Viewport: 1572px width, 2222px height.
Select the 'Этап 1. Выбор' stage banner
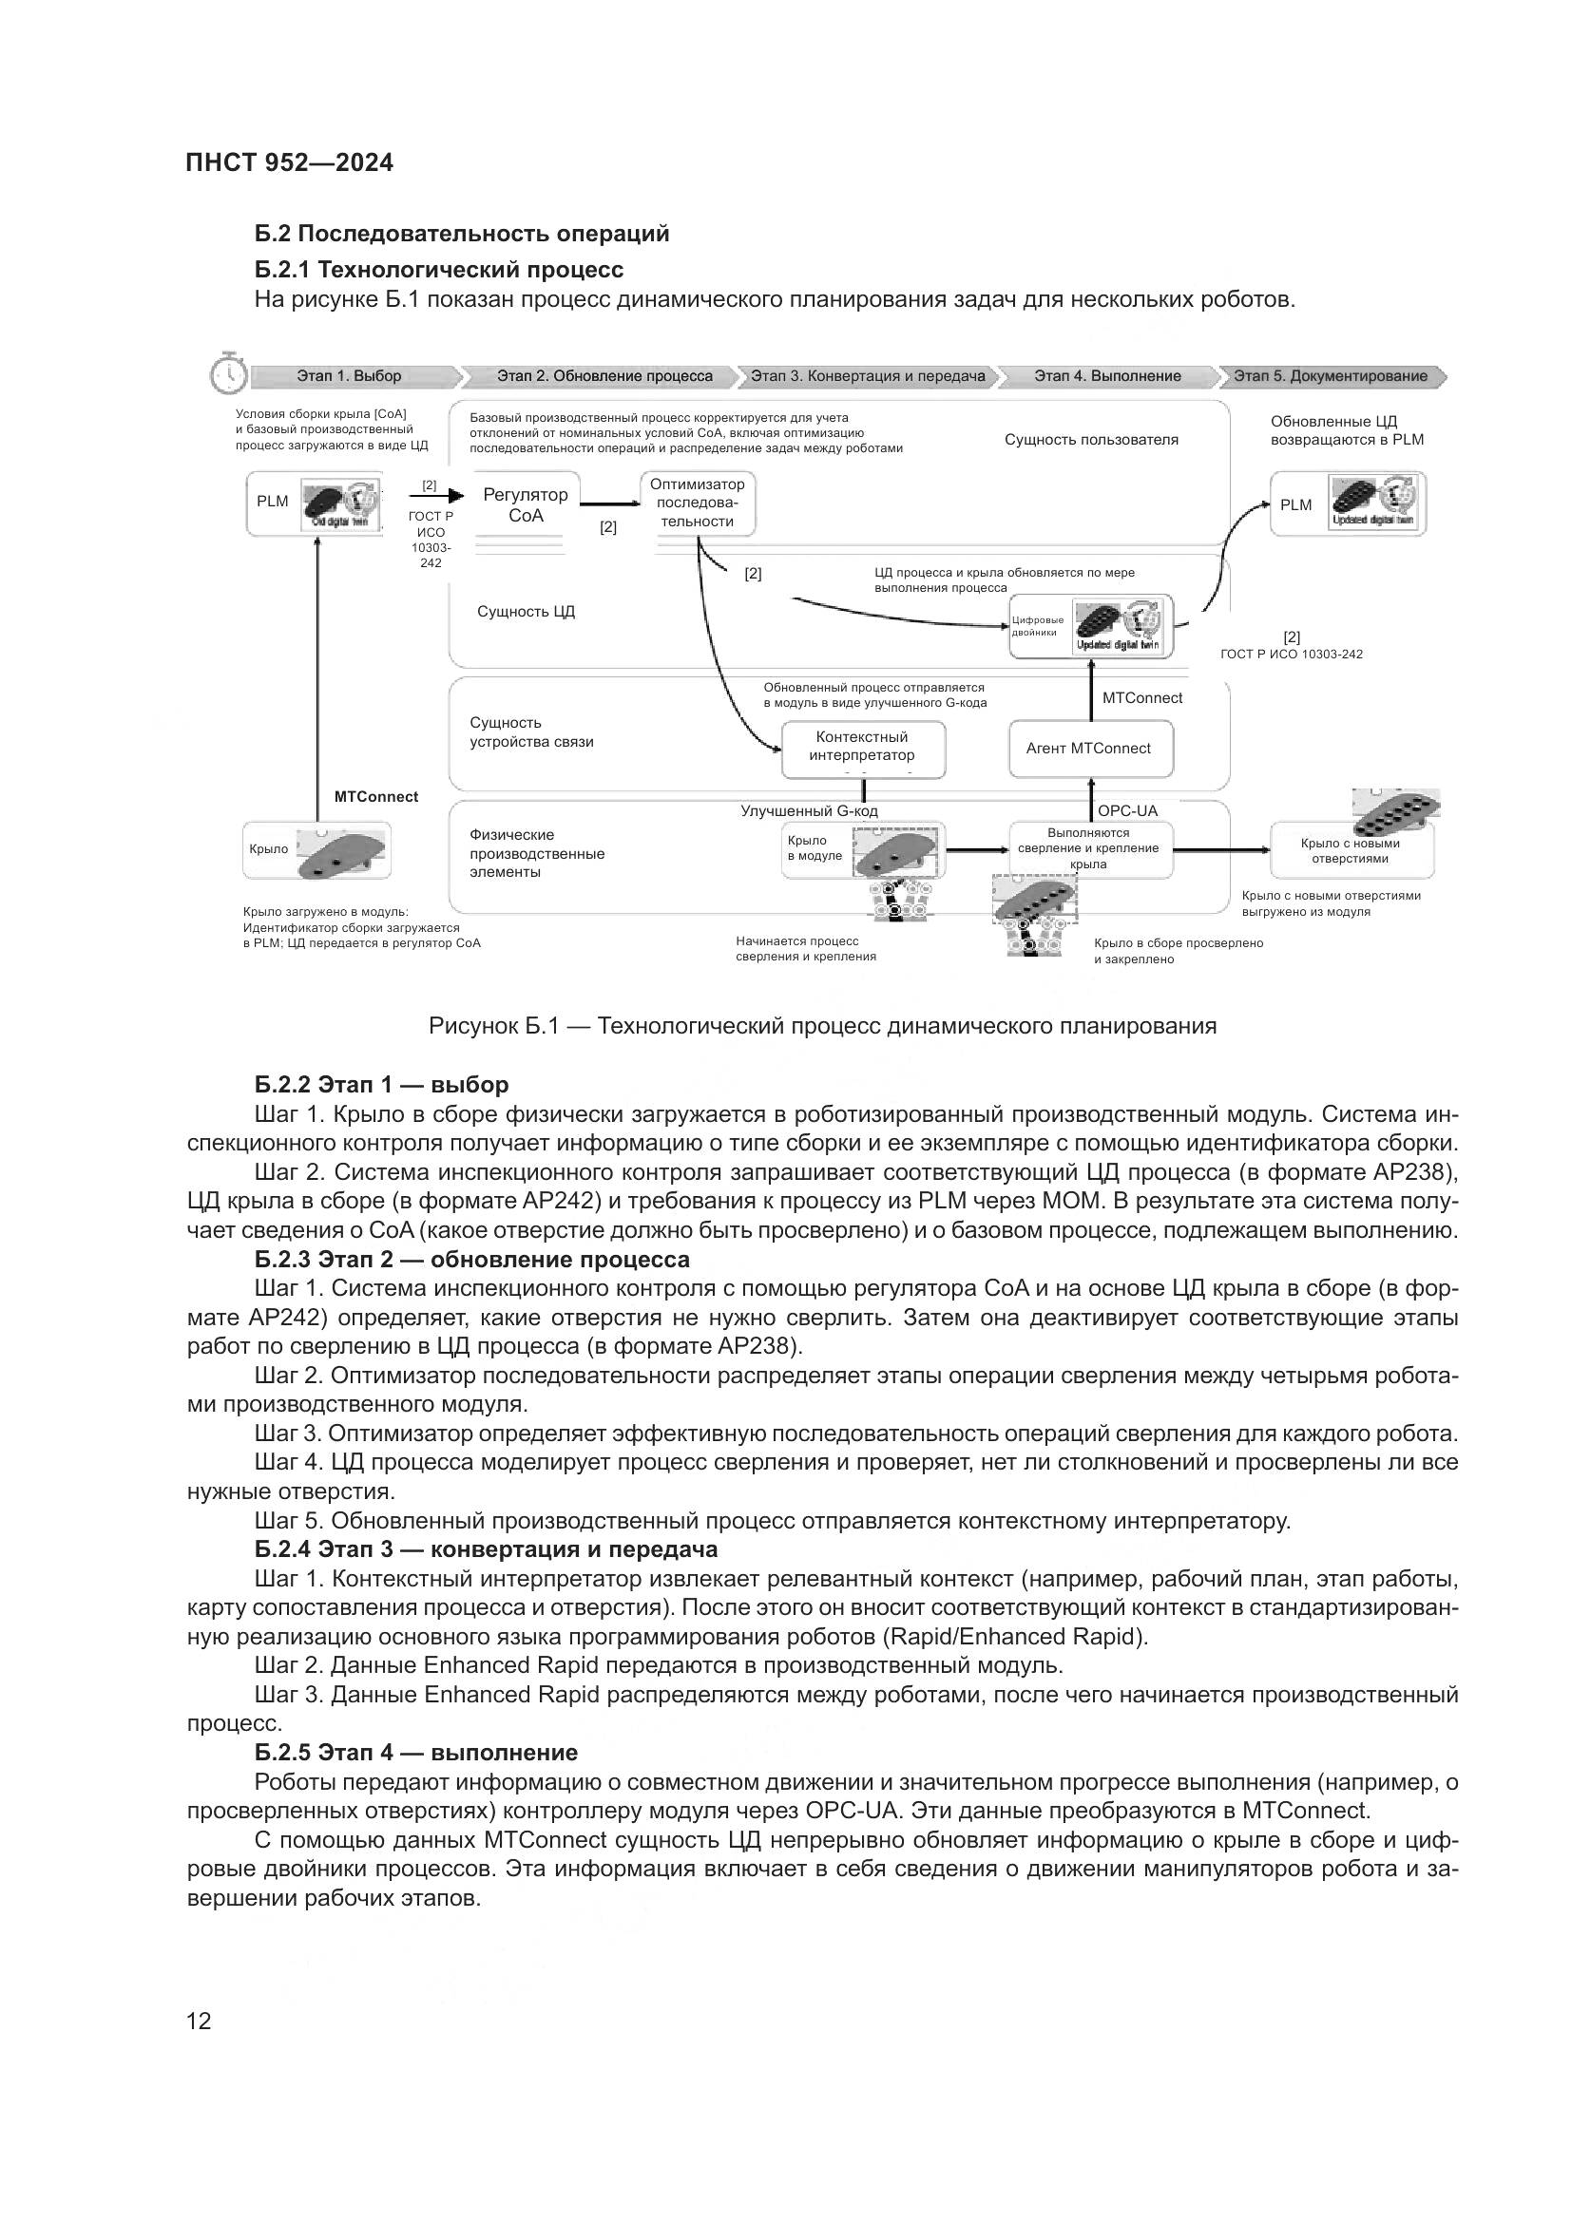[x=350, y=375]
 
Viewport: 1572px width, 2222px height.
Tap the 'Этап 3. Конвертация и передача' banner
[x=868, y=375]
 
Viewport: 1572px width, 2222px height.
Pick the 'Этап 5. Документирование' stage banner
[x=1330, y=375]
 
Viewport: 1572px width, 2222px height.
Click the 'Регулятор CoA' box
[x=525, y=505]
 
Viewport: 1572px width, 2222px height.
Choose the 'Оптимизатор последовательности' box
[x=697, y=503]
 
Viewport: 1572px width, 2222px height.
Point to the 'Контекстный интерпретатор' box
[x=861, y=746]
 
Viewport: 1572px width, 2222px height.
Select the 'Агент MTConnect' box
[x=1089, y=748]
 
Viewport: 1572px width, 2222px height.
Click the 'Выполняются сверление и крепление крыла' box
[x=1089, y=848]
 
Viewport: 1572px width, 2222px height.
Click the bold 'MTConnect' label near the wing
[x=375, y=796]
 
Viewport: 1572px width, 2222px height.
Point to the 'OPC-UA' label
[x=1127, y=811]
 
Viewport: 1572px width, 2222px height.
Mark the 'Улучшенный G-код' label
[x=809, y=811]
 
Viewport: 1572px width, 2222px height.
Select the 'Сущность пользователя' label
[x=1091, y=440]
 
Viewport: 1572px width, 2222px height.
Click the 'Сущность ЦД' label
[x=526, y=612]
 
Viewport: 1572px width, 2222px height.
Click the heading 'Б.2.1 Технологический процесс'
[x=438, y=269]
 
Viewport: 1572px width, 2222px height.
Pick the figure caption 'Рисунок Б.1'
[x=822, y=1026]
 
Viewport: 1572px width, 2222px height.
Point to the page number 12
[x=199, y=2021]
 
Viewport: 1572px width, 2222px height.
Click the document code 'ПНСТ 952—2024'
[x=290, y=162]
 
